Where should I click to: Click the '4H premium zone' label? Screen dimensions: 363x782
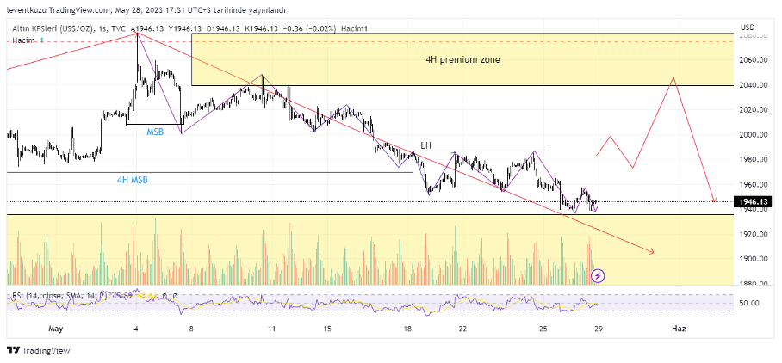pyautogui.click(x=462, y=60)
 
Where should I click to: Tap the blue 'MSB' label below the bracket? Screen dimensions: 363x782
pyautogui.click(x=155, y=132)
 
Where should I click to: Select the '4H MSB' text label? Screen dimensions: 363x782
pyautogui.click(x=133, y=181)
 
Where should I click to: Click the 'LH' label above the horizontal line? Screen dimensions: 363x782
pyautogui.click(x=425, y=145)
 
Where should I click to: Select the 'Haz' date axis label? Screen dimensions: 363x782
pyautogui.click(x=679, y=329)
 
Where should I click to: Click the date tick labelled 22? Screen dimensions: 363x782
pyautogui.click(x=462, y=329)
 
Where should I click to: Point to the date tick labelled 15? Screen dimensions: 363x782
pyautogui.click(x=327, y=329)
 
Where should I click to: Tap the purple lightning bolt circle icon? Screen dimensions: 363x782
pyautogui.click(x=598, y=275)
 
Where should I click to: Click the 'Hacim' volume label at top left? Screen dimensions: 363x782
pyautogui.click(x=23, y=41)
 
